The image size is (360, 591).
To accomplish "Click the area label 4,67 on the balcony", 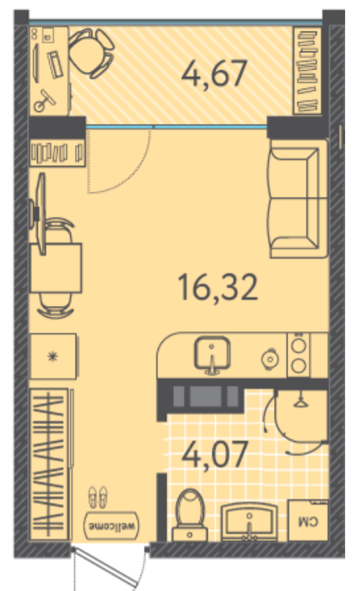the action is point(214,74).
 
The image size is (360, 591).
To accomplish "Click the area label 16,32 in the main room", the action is point(218,288).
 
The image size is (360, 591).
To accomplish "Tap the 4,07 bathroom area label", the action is point(215,454).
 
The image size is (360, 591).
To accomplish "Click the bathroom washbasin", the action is point(249,522).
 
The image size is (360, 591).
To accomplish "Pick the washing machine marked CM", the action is point(308,521).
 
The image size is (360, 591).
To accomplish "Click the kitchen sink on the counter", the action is point(212,355).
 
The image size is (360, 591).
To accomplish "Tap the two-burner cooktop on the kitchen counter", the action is point(298,355).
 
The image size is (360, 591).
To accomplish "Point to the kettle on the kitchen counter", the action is point(270,359).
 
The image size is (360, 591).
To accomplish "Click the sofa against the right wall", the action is point(298,198).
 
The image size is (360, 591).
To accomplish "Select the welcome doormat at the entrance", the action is point(112,525).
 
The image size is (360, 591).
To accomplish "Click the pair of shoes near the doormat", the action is point(98,497).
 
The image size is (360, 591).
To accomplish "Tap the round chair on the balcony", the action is point(92,54).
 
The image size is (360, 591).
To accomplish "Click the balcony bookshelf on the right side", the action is point(307,70).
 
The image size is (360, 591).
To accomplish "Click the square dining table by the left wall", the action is point(56,268).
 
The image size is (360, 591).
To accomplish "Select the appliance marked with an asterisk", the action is point(54,356).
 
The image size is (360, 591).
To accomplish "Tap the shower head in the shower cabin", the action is point(300,402).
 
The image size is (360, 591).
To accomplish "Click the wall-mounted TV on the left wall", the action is point(39,213).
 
